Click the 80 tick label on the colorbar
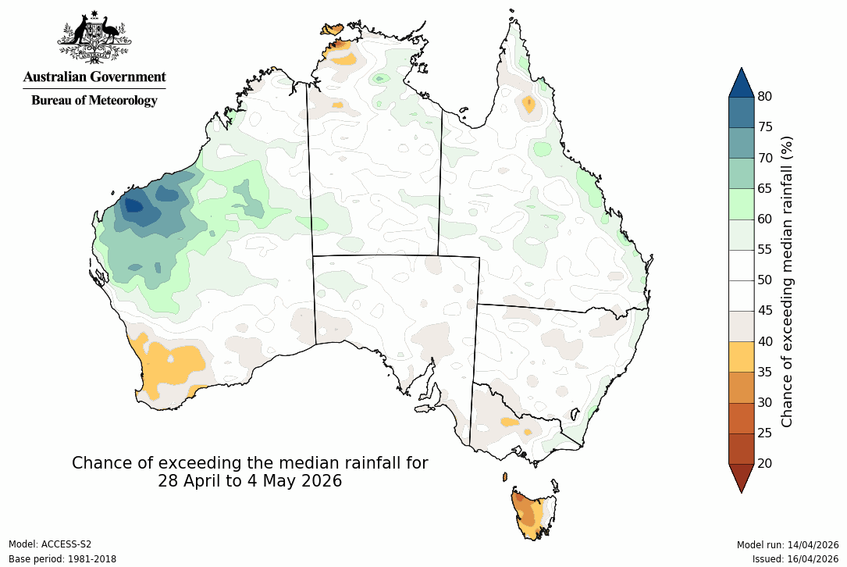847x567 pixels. [766, 96]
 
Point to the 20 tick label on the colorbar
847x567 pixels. [766, 463]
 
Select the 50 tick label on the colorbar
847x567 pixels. [766, 280]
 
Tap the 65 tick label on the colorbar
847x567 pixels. [766, 188]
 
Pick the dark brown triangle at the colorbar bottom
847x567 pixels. [741, 476]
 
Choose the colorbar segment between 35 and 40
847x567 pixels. [741, 356]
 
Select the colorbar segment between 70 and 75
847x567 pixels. [741, 142]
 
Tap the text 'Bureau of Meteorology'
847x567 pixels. [94, 100]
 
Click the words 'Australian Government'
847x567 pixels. [94, 77]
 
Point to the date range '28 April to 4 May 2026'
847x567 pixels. [250, 481]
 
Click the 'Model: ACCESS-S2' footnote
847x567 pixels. [50, 544]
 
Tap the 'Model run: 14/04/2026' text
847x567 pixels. [788, 544]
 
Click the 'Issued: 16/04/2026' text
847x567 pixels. [795, 559]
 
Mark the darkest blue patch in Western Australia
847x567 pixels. [133, 206]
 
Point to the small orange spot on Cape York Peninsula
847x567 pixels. [529, 105]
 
